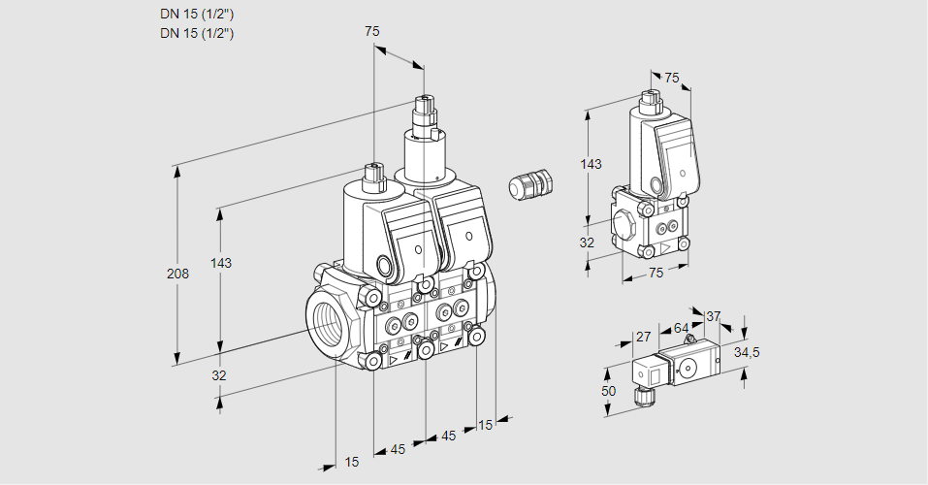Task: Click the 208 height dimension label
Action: point(177,274)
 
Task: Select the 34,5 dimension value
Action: point(747,352)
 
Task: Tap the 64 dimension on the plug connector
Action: point(681,328)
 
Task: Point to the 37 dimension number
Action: point(714,316)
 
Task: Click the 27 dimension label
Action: point(643,337)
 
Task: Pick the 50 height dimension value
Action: point(608,390)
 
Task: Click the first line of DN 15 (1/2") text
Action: point(197,13)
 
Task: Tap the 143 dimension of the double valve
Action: point(221,264)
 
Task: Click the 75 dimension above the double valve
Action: point(372,31)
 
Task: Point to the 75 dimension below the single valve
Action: point(656,274)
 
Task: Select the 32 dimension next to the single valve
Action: point(587,242)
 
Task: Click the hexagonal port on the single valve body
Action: point(625,228)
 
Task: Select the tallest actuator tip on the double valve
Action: point(424,105)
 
